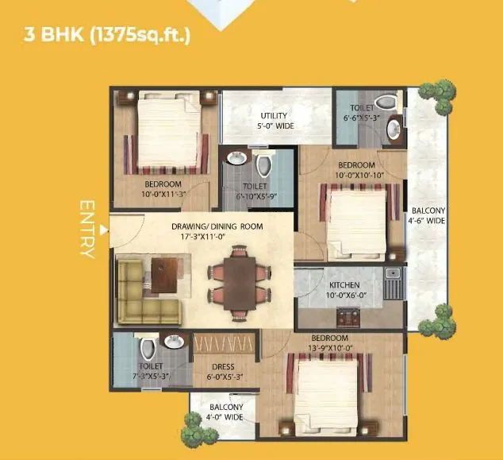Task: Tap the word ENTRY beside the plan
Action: tap(87, 229)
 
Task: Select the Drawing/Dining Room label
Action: tap(217, 231)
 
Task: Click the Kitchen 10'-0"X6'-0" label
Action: tap(344, 289)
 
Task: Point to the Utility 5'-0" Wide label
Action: tap(275, 121)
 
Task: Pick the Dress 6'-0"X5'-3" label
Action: tap(226, 371)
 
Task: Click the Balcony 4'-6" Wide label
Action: tap(428, 215)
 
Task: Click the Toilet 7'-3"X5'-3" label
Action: tap(150, 371)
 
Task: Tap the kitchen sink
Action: tap(391, 278)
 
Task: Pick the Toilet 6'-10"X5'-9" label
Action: tap(256, 192)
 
